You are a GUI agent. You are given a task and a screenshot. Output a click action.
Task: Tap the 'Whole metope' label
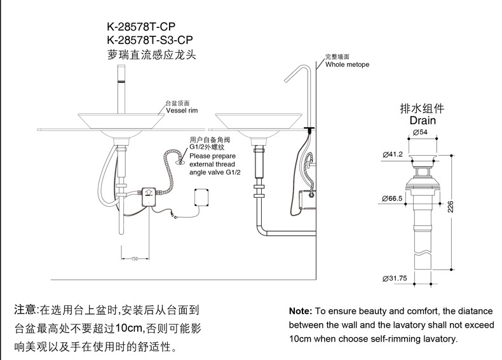[347, 65]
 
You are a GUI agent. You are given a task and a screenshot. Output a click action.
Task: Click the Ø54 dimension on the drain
[420, 132]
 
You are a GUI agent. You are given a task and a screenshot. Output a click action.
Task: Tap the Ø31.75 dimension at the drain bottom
[395, 279]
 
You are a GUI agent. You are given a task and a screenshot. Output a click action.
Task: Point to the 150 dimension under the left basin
[134, 259]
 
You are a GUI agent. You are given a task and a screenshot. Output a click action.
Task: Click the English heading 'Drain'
[422, 120]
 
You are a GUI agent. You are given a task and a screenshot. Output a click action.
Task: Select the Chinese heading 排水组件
[421, 107]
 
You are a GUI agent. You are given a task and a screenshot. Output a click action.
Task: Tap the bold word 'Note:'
[301, 312]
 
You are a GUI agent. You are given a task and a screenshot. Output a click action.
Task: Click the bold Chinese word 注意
[26, 310]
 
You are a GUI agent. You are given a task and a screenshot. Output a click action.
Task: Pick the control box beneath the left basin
[149, 193]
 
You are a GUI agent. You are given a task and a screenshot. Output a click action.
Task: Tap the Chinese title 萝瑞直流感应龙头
[151, 55]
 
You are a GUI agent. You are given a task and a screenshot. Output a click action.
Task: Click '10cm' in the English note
[301, 339]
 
